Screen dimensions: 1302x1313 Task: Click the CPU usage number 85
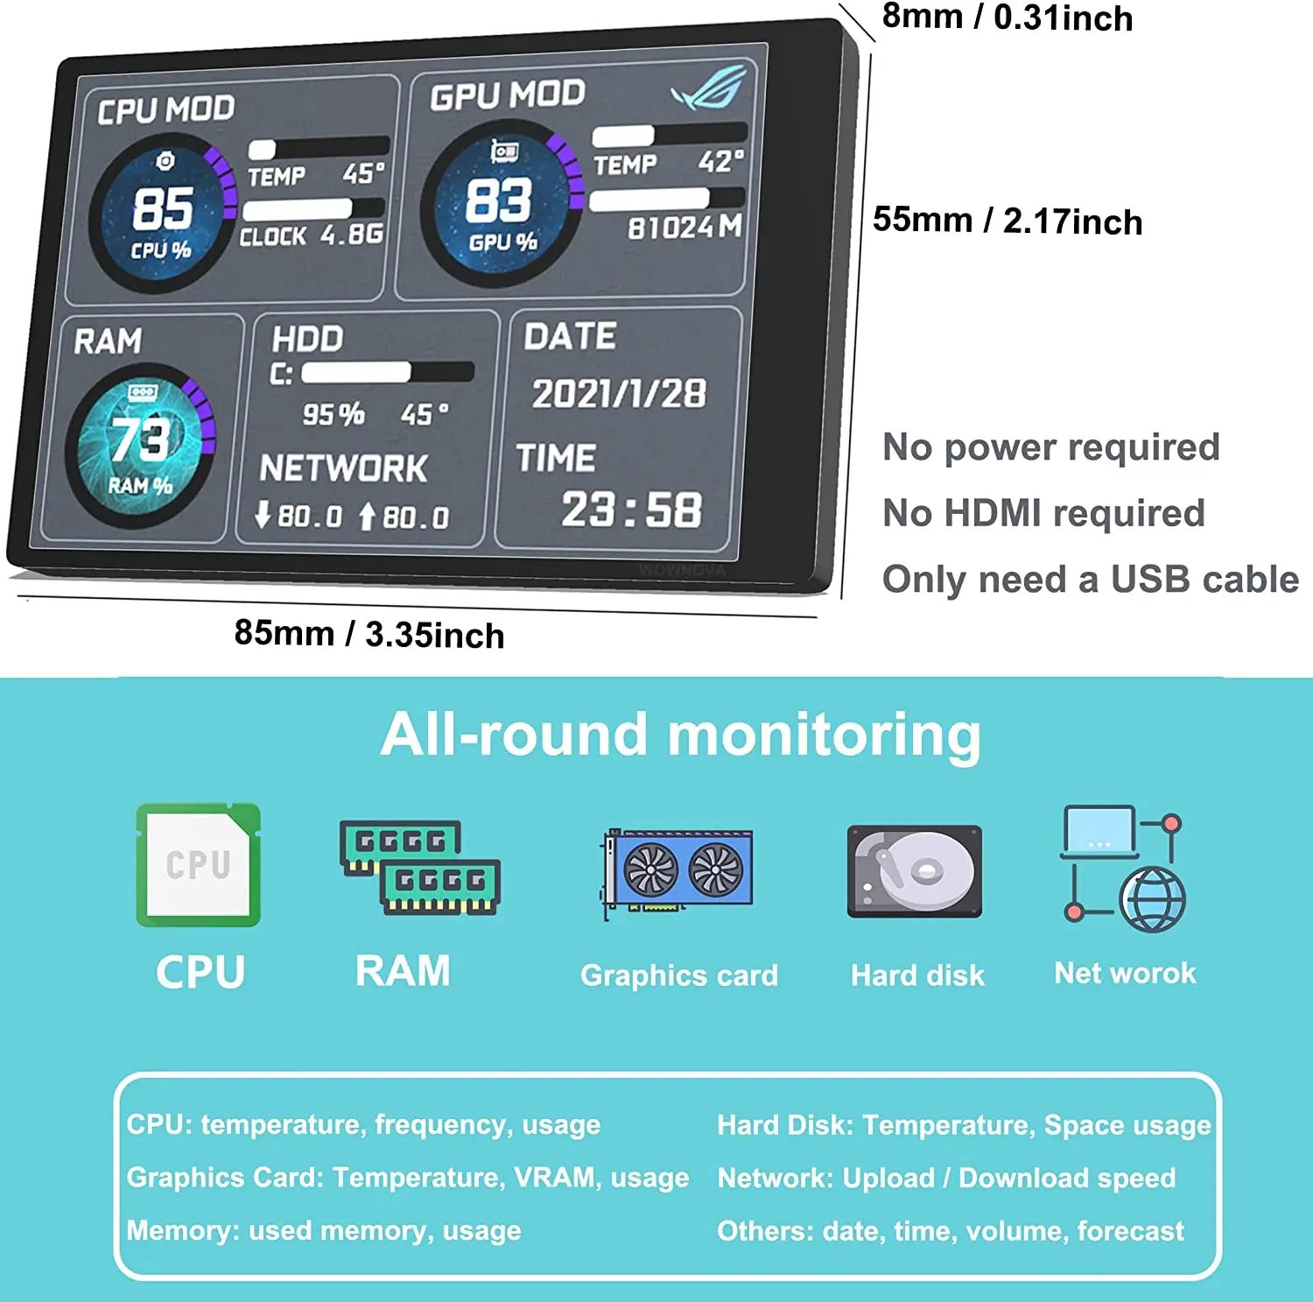[x=163, y=208]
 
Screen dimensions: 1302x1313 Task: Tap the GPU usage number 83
[x=498, y=201]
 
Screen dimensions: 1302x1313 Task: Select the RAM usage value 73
[x=140, y=438]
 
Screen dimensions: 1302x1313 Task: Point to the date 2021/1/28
[x=619, y=394]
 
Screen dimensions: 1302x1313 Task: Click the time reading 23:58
[x=631, y=510]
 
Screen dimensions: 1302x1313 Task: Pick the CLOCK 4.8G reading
[x=312, y=236]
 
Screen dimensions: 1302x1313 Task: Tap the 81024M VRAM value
[x=685, y=228]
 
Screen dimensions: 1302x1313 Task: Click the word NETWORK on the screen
[x=344, y=468]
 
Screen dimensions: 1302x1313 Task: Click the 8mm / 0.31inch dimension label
[x=1007, y=18]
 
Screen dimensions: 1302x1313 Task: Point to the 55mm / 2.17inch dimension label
[x=1008, y=221]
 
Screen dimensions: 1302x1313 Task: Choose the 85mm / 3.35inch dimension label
[x=369, y=634]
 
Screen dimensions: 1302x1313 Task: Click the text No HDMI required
[x=1043, y=513]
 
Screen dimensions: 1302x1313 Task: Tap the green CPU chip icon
[x=199, y=865]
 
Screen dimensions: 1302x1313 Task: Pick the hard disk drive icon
[x=915, y=871]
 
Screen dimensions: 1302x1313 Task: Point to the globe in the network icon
[x=1153, y=899]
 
